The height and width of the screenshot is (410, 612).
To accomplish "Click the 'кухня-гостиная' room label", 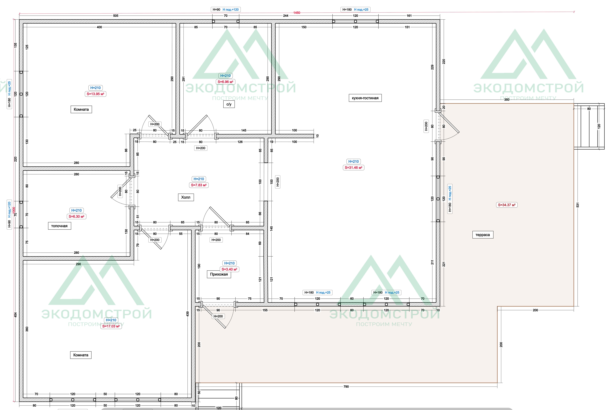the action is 365,98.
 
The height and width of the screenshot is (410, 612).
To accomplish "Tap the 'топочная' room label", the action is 59,226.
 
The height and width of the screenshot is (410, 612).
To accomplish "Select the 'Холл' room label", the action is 186,197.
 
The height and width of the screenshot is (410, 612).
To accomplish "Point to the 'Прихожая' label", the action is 219,274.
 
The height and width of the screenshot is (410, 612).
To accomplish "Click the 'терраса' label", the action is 483,235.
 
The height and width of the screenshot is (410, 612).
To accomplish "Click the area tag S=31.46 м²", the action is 353,168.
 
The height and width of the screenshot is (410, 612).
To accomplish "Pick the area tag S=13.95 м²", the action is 95,94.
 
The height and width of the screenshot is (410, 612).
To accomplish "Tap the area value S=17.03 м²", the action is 111,326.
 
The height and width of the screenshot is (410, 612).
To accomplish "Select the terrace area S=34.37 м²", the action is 507,205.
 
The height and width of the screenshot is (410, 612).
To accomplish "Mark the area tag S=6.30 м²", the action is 76,216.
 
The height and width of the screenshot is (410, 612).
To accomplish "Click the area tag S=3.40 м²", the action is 229,269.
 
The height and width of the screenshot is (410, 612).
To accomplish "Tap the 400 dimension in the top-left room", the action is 99,27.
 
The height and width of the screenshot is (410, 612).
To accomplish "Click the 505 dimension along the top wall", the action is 116,16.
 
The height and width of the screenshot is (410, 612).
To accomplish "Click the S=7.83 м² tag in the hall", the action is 199,185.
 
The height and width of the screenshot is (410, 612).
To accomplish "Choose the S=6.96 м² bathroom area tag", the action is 225,82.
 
